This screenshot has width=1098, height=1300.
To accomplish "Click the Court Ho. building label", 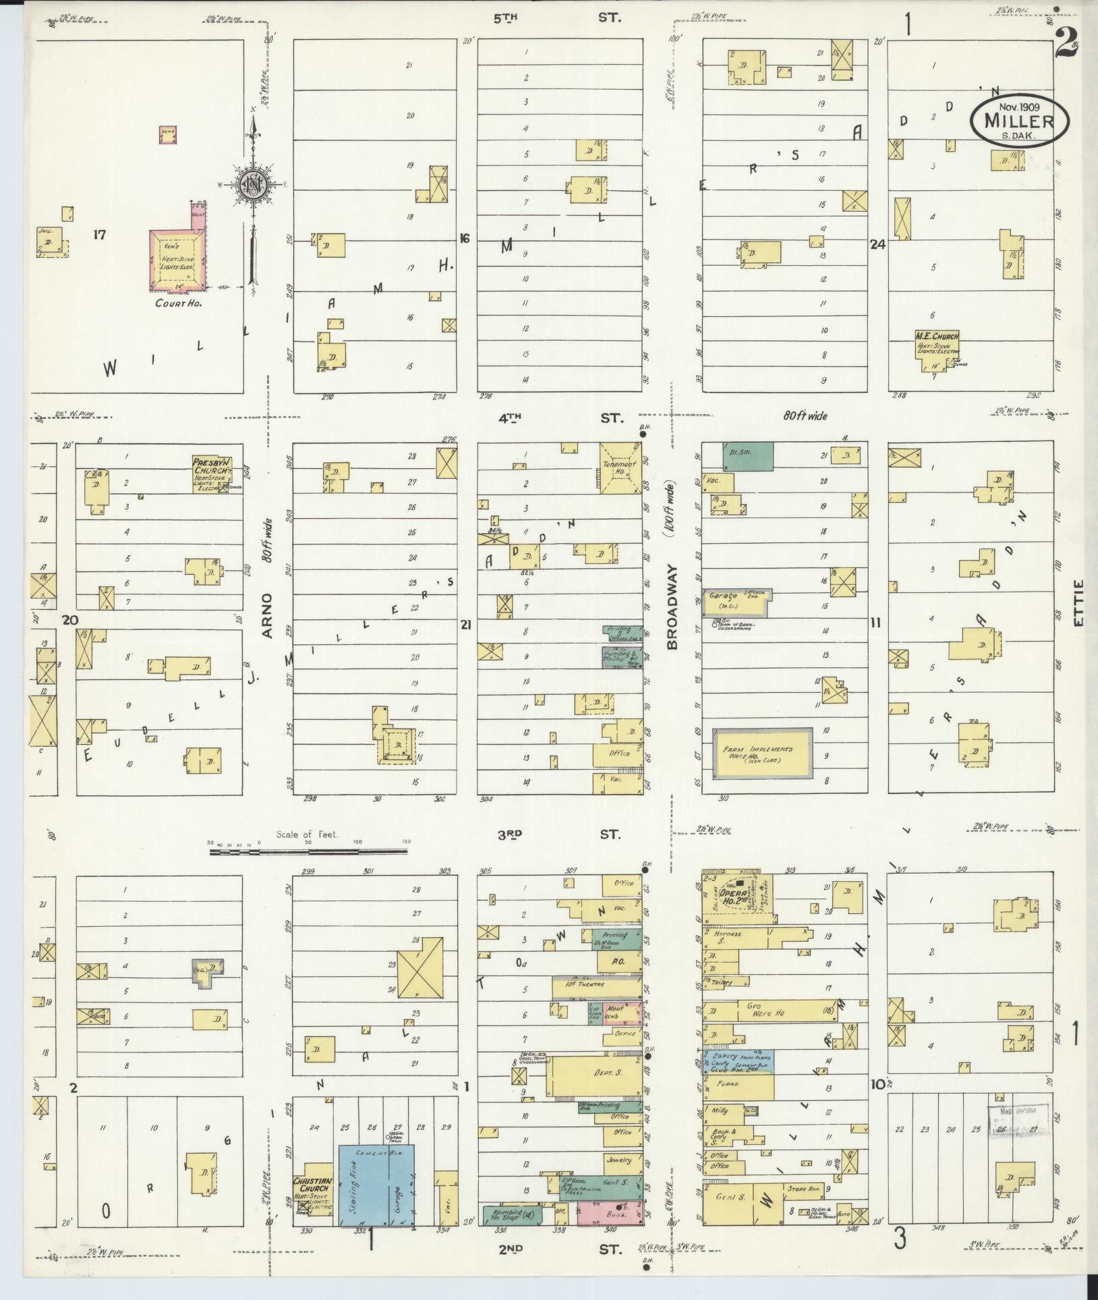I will click(179, 303).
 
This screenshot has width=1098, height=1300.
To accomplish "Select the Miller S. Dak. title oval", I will click(1019, 121).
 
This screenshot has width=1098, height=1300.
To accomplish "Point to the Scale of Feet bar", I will click(308, 852).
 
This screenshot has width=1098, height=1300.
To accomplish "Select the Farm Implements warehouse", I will click(763, 754).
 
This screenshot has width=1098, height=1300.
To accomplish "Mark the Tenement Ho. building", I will click(620, 468).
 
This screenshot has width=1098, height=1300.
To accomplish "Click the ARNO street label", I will click(267, 615).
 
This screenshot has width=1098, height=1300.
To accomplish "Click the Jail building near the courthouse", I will click(50, 242).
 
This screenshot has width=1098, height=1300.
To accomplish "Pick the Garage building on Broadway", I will click(735, 602).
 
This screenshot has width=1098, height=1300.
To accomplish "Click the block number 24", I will click(877, 246).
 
